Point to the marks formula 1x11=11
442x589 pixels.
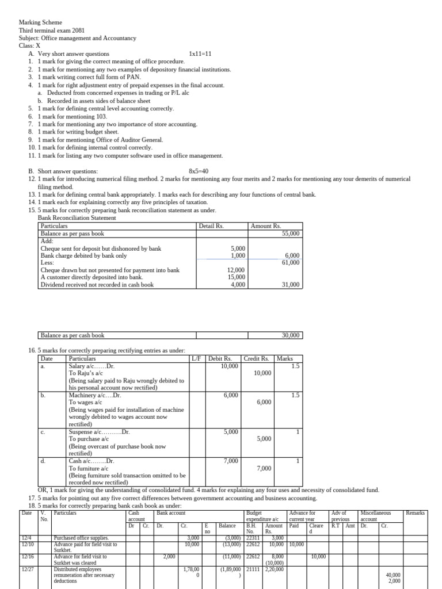[200, 54]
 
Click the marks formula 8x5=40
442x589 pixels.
[199, 171]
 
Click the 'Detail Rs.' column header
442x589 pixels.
[211, 226]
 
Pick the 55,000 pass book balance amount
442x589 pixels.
[291, 234]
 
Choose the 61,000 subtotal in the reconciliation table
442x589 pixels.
[291, 262]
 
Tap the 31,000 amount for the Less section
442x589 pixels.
[291, 285]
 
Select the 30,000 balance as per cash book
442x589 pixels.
[291, 335]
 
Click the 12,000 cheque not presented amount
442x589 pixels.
[236, 270]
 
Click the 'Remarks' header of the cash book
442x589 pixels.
[415, 512]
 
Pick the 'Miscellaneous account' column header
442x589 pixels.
[375, 516]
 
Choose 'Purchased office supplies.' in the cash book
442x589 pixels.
[81, 538]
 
